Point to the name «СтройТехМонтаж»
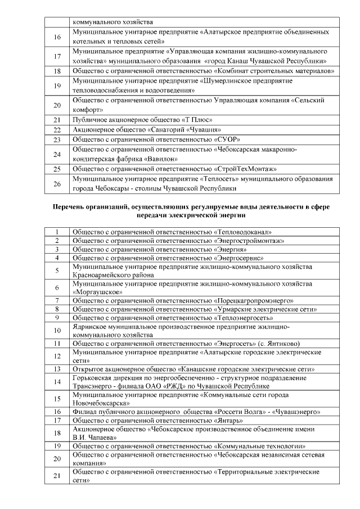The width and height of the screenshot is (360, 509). (247, 168)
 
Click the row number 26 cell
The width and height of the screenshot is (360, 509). (57, 183)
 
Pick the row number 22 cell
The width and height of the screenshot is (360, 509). (57, 129)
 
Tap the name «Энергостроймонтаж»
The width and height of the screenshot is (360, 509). (249, 240)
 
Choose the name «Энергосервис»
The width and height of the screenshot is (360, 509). (239, 258)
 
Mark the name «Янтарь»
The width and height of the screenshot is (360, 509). (228, 420)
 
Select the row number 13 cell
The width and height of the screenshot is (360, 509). (57, 369)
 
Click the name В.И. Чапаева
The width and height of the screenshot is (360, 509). (94, 437)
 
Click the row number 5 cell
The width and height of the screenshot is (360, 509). (57, 271)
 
